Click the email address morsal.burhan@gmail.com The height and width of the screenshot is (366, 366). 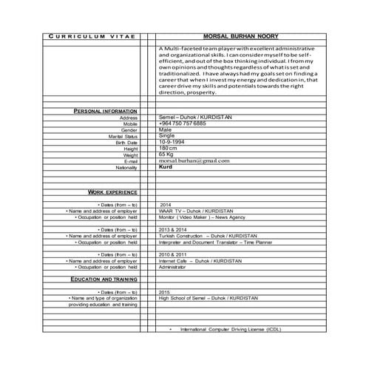pos(194,160)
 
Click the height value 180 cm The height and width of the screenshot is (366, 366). pos(169,148)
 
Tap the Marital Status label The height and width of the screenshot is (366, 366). pos(123,136)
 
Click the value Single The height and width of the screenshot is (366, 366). pos(167,136)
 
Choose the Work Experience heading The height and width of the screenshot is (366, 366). pos(112,192)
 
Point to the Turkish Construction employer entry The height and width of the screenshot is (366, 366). pos(210,236)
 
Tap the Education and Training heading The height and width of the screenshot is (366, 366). pos(104,279)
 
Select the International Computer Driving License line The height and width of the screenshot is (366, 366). pos(231,328)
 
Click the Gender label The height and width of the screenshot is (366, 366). pos(129,129)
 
